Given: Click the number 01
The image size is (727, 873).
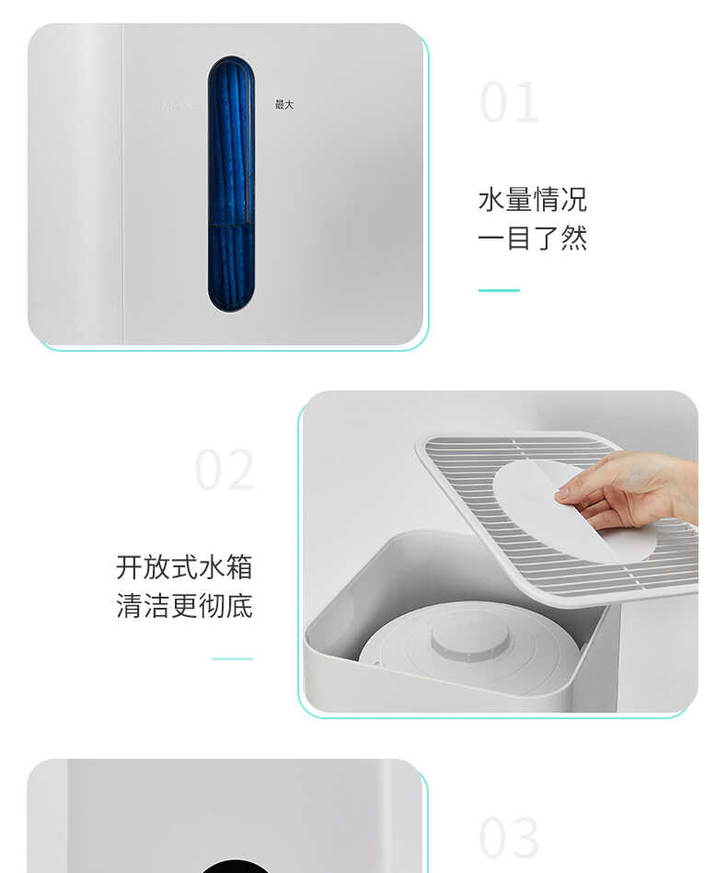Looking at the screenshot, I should tap(510, 102).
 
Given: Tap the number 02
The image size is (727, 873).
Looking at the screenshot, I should tap(225, 471).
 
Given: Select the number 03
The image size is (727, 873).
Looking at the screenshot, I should tap(510, 838).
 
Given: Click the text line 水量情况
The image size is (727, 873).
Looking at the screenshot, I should tap(532, 200).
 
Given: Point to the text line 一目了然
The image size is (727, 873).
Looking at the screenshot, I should tap(532, 239).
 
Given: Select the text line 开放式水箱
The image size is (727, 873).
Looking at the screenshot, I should tap(184, 567).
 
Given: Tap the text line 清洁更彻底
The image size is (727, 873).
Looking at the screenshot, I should tap(184, 606).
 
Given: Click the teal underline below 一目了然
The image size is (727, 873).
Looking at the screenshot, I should tap(499, 290).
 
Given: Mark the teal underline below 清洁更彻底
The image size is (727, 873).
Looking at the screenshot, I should tap(232, 658).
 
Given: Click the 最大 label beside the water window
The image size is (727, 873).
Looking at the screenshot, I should tap(284, 105).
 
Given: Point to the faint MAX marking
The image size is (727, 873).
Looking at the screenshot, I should tap(177, 105).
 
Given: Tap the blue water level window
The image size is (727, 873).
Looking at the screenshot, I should tap(231, 184).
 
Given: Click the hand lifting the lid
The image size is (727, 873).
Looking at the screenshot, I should tap(635, 488).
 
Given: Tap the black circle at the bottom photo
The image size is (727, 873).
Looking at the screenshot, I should tap(235, 867).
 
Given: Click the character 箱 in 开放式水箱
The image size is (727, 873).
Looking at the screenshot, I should tap(239, 567).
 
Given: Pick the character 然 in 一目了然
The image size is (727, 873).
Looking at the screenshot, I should tap(573, 239).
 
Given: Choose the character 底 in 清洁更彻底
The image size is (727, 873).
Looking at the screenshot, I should tap(239, 606).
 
